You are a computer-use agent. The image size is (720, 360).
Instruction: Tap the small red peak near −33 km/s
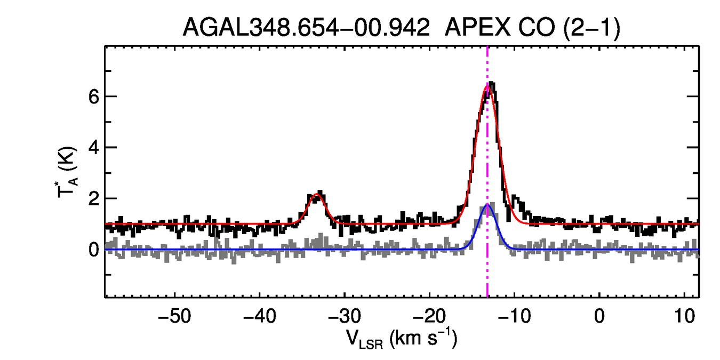coord(317,195)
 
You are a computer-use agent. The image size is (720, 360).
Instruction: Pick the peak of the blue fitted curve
coord(486,205)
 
